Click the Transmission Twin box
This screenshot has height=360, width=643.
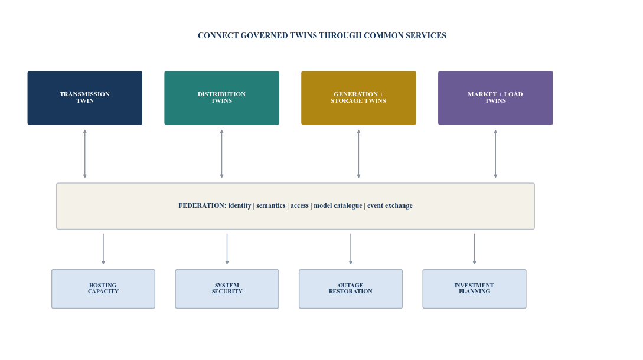pyautogui.click(x=85, y=98)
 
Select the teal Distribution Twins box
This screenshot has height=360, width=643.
pyautogui.click(x=222, y=98)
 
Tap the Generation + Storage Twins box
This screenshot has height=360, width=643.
pyautogui.click(x=358, y=98)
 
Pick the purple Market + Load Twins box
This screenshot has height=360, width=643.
pyautogui.click(x=495, y=98)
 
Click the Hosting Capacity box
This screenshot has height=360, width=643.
pyautogui.click(x=103, y=289)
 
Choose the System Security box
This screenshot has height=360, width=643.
pyautogui.click(x=227, y=289)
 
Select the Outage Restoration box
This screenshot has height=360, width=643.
pyautogui.click(x=351, y=289)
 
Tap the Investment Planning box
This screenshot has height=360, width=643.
pyautogui.click(x=475, y=289)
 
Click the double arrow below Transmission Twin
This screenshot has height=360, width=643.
pyautogui.click(x=85, y=154)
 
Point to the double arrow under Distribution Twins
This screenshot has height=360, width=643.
pyautogui.click(x=222, y=154)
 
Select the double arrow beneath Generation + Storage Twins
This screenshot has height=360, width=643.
pyautogui.click(x=358, y=154)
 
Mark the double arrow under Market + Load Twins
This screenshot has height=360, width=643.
pyautogui.click(x=495, y=154)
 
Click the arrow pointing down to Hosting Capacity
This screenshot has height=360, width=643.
pyautogui.click(x=103, y=249)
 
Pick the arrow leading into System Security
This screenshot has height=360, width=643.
pyautogui.click(x=227, y=249)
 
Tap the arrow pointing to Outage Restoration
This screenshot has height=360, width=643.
pyautogui.click(x=351, y=249)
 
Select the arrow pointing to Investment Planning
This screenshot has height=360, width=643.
pyautogui.click(x=475, y=249)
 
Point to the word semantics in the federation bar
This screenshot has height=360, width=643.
pyautogui.click(x=270, y=205)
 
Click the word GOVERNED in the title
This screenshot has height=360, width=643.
pyautogui.click(x=264, y=35)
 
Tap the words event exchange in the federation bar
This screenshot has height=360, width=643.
pyautogui.click(x=390, y=205)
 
